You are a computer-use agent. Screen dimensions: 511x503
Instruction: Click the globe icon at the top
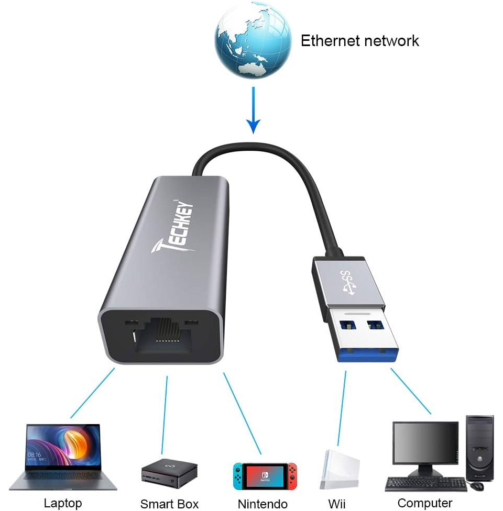click(x=253, y=40)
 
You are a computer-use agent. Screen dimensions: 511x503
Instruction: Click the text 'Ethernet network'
click(x=359, y=41)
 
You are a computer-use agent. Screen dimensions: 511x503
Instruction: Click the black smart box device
click(x=169, y=473)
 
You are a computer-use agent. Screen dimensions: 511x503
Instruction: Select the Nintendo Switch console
click(x=265, y=475)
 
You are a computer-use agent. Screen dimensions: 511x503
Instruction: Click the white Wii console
click(x=340, y=469)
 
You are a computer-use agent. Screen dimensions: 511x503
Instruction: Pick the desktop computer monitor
click(x=425, y=445)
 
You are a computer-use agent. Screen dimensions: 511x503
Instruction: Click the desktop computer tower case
click(x=479, y=447)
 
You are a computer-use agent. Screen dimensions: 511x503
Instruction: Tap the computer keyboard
click(x=425, y=484)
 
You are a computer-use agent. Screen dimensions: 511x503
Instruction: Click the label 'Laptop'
click(x=63, y=503)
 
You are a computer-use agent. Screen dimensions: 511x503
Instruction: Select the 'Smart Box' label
click(x=169, y=504)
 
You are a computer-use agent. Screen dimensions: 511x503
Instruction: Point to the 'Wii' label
click(x=336, y=504)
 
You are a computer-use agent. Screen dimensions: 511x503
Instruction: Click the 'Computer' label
click(x=424, y=503)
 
